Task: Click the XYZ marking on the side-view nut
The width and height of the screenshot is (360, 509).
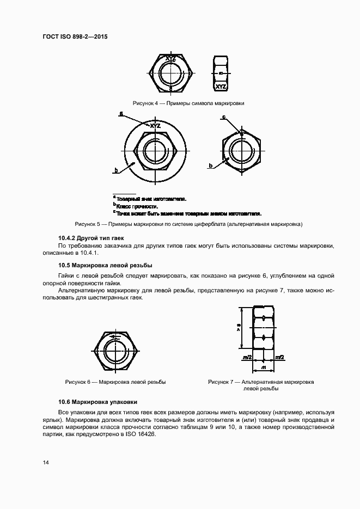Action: (x=221, y=87)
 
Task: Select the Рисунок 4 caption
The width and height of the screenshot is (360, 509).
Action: (x=188, y=103)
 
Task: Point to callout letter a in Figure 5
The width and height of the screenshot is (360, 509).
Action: (x=121, y=114)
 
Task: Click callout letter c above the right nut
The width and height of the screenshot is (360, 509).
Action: (x=223, y=116)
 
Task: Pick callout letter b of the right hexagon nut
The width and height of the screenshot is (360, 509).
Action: (x=210, y=165)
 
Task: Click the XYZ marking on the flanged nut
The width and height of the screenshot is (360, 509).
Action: (x=155, y=126)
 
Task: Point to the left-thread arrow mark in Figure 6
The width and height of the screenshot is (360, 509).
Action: (x=115, y=338)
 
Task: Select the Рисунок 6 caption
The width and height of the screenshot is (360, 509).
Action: (x=115, y=382)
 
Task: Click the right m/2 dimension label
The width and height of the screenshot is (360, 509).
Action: (x=279, y=357)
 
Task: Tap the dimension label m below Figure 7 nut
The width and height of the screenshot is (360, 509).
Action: (x=263, y=368)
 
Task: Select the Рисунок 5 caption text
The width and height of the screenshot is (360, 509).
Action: (x=188, y=224)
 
